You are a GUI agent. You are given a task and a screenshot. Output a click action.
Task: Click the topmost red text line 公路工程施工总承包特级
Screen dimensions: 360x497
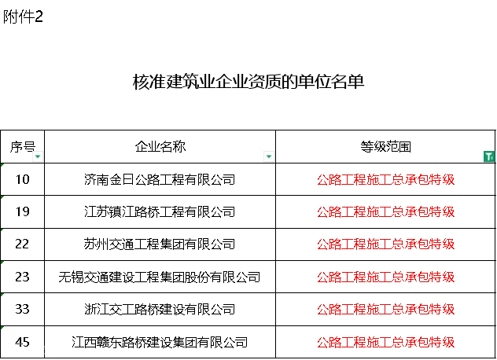pyautogui.click(x=385, y=180)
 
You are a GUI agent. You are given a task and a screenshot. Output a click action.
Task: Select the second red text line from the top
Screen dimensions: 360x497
pyautogui.click(x=385, y=212)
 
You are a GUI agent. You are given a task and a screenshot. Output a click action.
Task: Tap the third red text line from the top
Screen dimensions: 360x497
pyautogui.click(x=385, y=244)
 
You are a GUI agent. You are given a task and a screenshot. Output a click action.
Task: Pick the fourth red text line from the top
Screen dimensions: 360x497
pyautogui.click(x=385, y=277)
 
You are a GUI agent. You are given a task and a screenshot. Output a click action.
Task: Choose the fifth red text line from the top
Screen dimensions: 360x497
pyautogui.click(x=385, y=309)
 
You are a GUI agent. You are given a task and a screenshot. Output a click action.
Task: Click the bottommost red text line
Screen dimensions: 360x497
pyautogui.click(x=385, y=342)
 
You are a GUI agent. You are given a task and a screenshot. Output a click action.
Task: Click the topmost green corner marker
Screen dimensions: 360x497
pyautogui.click(x=3, y=167)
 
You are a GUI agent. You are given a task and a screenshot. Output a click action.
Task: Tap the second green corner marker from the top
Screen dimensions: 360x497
pyautogui.click(x=3, y=198)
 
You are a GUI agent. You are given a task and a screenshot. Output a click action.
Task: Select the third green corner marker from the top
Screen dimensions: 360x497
pyautogui.click(x=3, y=230)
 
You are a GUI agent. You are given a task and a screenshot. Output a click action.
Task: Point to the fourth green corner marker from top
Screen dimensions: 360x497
pyautogui.click(x=3, y=261)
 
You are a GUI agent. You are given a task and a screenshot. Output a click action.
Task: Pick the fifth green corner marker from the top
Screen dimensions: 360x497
pyautogui.click(x=3, y=293)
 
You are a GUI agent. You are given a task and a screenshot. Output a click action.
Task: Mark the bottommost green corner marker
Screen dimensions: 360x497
pyautogui.click(x=3, y=327)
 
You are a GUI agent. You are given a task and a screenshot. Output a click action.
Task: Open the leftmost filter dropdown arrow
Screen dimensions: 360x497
pyautogui.click(x=38, y=157)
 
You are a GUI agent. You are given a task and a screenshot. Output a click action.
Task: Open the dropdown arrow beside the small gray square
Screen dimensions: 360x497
pyautogui.click(x=270, y=157)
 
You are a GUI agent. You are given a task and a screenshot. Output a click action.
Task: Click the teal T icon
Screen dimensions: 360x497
pyautogui.click(x=488, y=157)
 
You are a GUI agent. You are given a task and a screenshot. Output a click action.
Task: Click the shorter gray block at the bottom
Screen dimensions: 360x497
pyautogui.click(x=13, y=348)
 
